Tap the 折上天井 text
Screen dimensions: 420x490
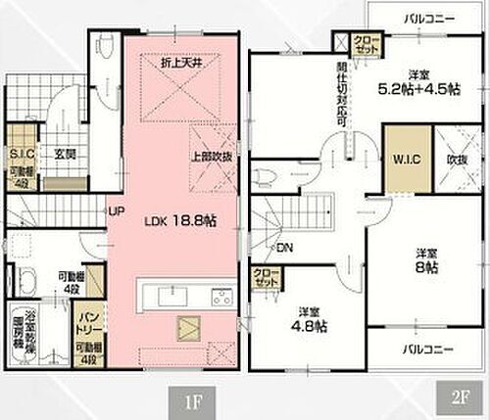178,64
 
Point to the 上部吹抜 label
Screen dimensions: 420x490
212,158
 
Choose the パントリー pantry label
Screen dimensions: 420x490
86,321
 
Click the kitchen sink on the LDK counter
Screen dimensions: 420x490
175,297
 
